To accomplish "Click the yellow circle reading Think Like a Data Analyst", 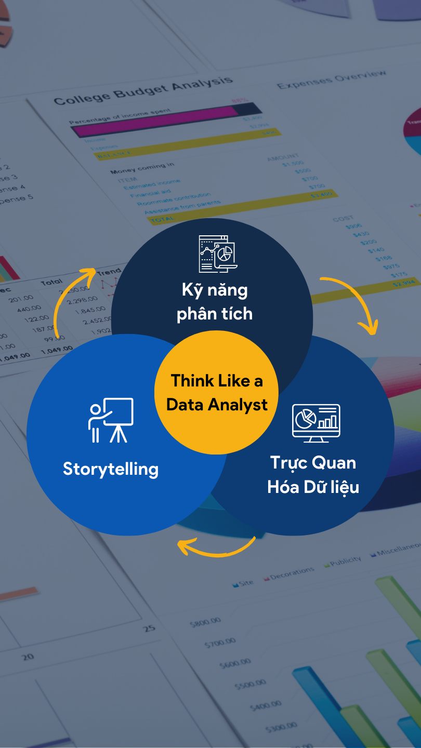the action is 216,392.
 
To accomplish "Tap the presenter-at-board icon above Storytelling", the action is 111,420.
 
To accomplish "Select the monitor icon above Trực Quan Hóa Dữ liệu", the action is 316,422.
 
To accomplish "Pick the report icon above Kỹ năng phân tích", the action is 216,254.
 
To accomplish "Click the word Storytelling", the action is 111,469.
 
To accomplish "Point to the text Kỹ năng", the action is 215,290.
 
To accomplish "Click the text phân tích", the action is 215,314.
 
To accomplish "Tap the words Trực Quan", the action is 313,463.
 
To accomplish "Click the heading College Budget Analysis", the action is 142,91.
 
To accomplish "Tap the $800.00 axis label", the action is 205,622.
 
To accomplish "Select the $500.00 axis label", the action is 251,685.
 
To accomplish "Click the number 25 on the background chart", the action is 149,628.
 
